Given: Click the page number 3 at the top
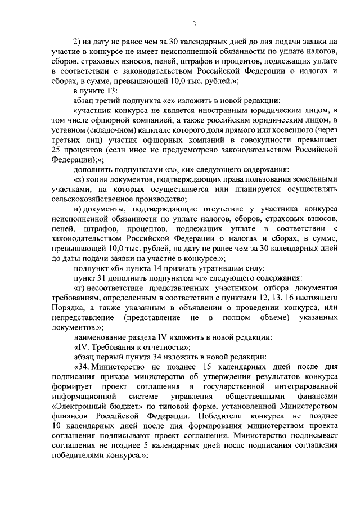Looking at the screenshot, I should (x=193, y=23).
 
